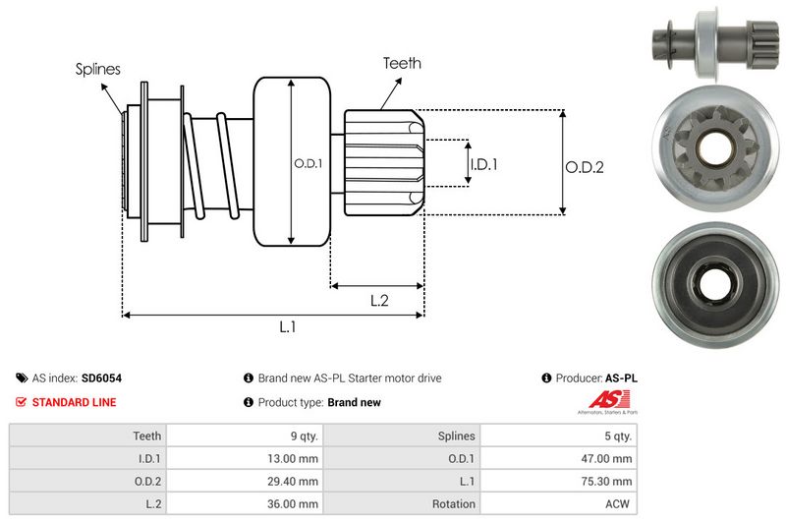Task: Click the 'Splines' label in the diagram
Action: point(98,70)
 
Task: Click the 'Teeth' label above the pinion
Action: point(402,63)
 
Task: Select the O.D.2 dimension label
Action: point(584,167)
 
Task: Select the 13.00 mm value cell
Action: point(294,458)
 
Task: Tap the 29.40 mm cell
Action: point(294,481)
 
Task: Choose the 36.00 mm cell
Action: point(294,503)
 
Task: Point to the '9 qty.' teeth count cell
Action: point(301,436)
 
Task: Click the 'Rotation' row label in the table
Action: point(453,503)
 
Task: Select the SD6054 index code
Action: point(101,378)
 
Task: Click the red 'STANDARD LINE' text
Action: point(74,402)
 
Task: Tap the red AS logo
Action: point(600,399)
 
